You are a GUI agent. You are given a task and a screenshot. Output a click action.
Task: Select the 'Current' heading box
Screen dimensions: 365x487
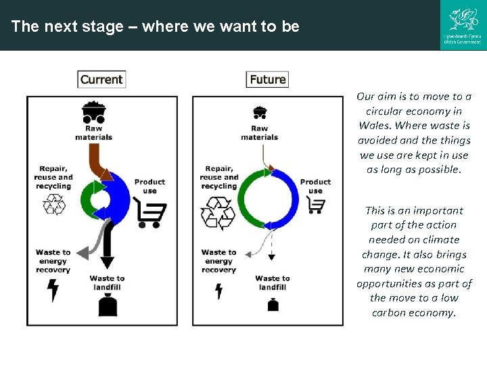coord(101,79)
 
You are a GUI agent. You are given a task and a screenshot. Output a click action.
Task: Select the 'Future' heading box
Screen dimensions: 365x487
coord(267,79)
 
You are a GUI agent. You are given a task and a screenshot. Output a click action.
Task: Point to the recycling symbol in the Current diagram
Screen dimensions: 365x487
coord(53,204)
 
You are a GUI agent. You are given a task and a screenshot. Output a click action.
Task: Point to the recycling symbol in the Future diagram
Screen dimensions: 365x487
coord(218,213)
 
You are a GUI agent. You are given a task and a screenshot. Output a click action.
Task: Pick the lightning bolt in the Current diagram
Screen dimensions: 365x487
coord(53,290)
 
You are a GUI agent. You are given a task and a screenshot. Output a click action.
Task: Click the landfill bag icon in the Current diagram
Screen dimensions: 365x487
coord(108,305)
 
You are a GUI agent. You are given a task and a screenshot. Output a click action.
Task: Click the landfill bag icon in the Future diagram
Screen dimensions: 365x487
coord(273,304)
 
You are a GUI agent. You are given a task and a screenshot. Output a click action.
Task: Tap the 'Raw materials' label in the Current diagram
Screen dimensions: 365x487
coord(93,132)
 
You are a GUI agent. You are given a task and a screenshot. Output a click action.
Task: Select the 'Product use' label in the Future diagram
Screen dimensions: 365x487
coord(315,186)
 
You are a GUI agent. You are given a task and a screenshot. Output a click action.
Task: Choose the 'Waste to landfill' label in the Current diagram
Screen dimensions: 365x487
coord(107,283)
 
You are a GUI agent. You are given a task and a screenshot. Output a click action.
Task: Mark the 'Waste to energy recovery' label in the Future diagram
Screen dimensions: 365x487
coord(218,261)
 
